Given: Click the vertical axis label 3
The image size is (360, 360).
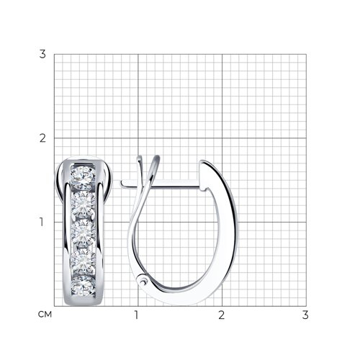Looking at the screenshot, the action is [42, 54].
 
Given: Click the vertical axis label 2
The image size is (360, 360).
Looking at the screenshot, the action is [42, 138].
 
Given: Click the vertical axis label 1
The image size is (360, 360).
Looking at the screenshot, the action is [42, 222].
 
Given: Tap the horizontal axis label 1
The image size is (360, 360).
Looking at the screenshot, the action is [137, 315].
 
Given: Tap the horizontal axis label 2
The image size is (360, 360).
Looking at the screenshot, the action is [222, 315].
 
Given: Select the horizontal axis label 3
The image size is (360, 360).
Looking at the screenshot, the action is [305, 315].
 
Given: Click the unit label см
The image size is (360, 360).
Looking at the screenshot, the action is [45, 315].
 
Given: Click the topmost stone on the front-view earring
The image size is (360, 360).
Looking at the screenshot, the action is [82, 178].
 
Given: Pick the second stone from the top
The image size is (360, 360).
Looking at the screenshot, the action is [83, 204].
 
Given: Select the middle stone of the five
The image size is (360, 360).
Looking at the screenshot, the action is [83, 233].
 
